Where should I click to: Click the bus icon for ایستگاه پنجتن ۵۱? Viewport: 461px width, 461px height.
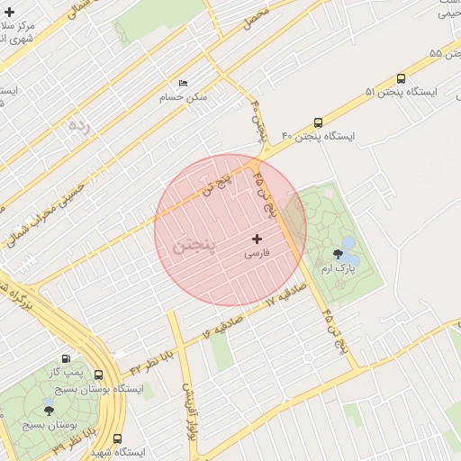point(401,78)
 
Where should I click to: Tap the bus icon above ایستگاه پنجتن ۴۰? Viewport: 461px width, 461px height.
point(318,122)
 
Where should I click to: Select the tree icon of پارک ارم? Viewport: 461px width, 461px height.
point(339,255)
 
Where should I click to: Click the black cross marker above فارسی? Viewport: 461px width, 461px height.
point(258,239)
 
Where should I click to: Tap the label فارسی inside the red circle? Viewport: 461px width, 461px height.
point(258,255)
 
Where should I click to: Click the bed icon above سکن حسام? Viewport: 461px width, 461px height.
point(184,84)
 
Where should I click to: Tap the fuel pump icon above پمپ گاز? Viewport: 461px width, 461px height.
point(65,357)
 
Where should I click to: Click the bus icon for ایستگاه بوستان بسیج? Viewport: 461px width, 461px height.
point(98,375)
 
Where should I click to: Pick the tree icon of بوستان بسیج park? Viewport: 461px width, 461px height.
point(49,410)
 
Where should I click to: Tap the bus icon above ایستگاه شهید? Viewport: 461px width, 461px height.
point(117,438)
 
